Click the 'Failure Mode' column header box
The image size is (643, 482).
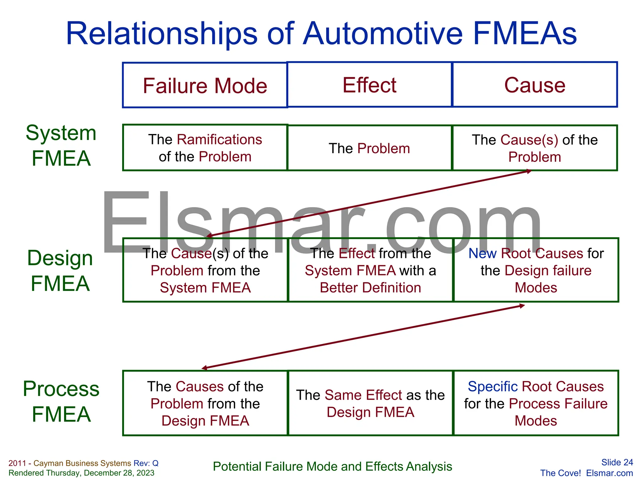click(205, 85)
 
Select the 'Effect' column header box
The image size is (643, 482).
click(369, 85)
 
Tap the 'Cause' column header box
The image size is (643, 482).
click(535, 85)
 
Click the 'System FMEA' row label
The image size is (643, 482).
click(61, 145)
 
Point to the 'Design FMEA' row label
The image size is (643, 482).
click(60, 270)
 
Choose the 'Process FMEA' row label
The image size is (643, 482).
click(61, 401)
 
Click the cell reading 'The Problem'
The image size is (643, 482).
click(369, 148)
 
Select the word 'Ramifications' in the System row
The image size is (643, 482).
click(219, 140)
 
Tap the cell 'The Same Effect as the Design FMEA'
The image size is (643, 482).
click(370, 404)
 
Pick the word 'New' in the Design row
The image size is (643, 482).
click(483, 254)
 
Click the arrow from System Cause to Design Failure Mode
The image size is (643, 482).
click(369, 203)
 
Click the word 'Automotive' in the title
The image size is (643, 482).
click(383, 34)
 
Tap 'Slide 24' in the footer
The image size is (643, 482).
click(617, 462)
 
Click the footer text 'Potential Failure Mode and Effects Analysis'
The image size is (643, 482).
click(332, 467)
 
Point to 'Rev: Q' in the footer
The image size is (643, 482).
click(146, 463)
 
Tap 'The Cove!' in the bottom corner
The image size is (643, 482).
click(560, 473)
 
